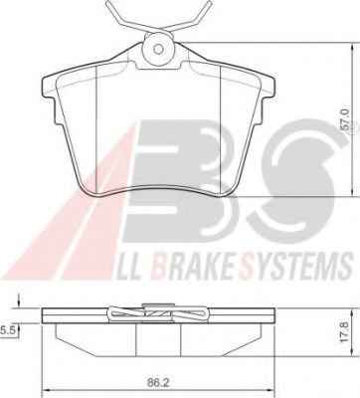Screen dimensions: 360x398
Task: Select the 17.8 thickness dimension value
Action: click(344, 332)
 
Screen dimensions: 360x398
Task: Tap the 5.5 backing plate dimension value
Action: click(6, 330)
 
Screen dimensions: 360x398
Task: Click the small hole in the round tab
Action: click(159, 50)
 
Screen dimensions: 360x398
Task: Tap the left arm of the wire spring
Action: click(126, 17)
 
